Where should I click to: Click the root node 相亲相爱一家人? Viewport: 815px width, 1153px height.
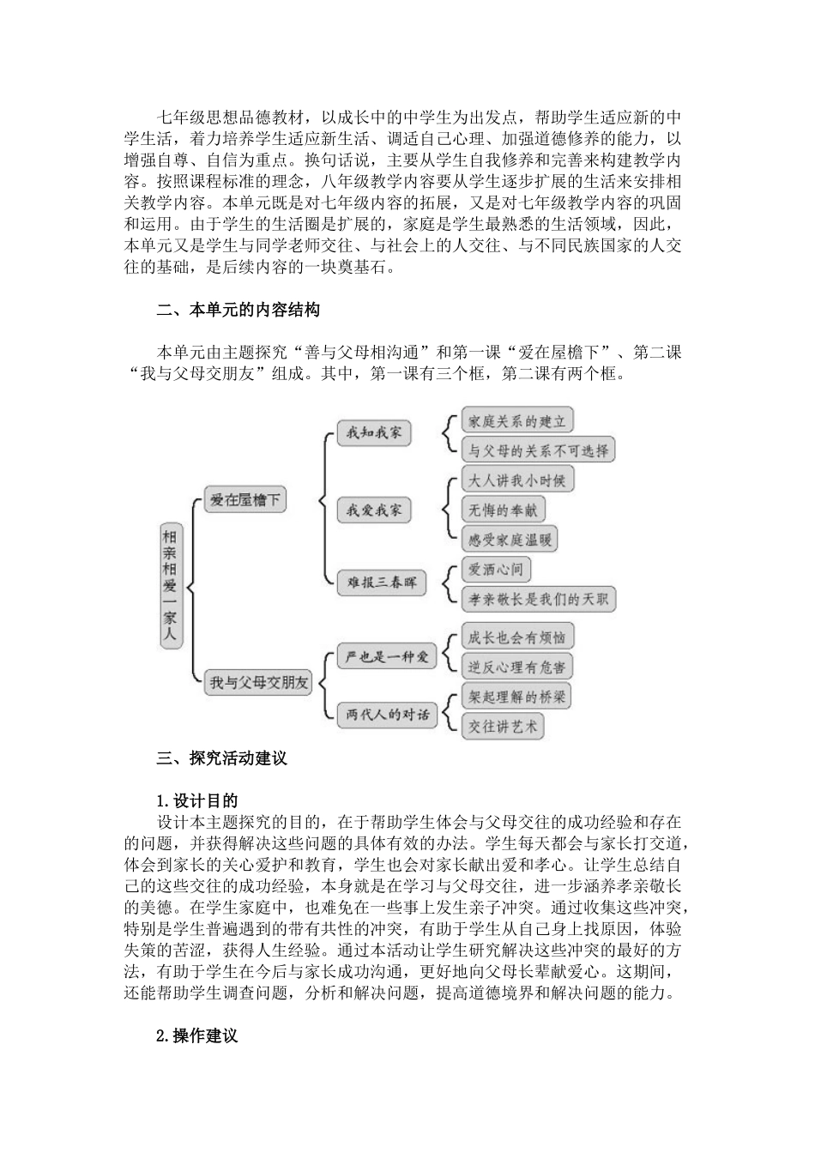[172, 587]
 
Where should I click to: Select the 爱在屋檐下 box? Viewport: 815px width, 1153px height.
[245, 499]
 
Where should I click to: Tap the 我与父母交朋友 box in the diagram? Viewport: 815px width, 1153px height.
[258, 683]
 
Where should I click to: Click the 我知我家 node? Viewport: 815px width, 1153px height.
[373, 432]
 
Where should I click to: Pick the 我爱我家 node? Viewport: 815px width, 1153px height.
[373, 510]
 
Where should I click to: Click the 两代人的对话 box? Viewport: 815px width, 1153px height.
[387, 714]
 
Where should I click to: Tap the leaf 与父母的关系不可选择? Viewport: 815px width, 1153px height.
[538, 450]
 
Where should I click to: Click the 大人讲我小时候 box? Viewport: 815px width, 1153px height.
[516, 480]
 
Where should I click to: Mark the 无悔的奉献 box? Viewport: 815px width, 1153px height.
[503, 510]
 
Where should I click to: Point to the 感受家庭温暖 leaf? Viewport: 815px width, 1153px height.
[510, 540]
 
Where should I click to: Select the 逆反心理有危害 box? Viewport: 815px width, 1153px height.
[516, 667]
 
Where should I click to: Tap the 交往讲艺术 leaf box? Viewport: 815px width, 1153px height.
[503, 727]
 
